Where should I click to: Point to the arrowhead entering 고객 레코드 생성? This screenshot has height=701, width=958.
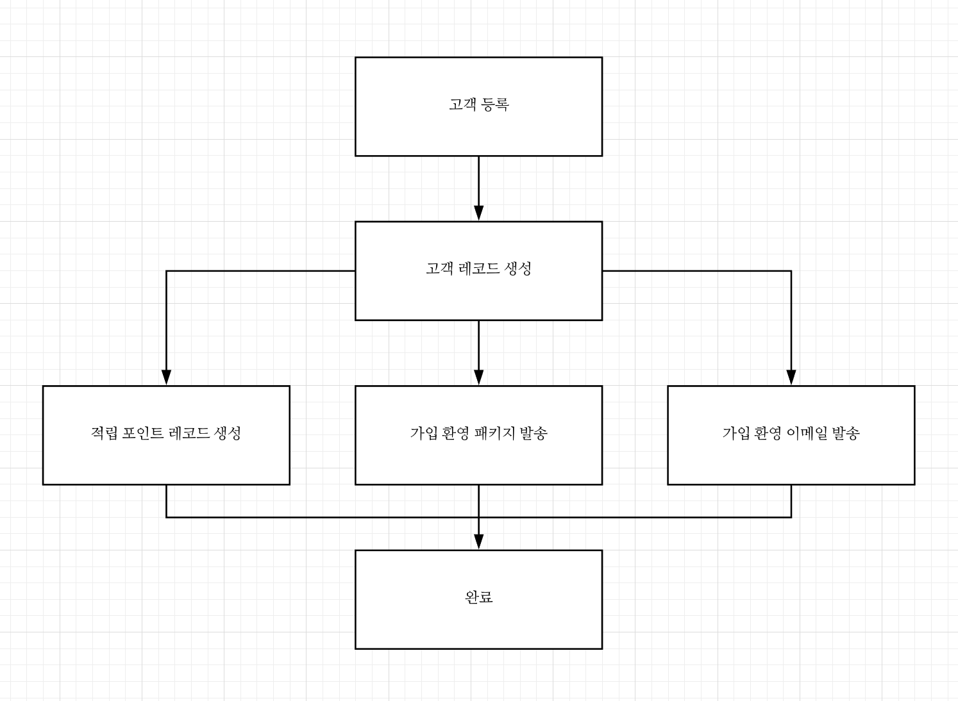coord(478,213)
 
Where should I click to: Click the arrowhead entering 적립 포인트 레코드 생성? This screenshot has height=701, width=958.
coord(166,377)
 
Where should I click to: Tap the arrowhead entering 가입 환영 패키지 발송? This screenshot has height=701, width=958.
coord(478,377)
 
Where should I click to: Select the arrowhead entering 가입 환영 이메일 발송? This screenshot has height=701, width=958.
coord(791,377)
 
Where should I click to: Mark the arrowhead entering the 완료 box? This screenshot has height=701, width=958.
coord(478,541)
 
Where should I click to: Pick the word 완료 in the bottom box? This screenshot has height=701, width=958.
coord(478,597)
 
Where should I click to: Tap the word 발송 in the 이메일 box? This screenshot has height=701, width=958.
coord(846,433)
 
